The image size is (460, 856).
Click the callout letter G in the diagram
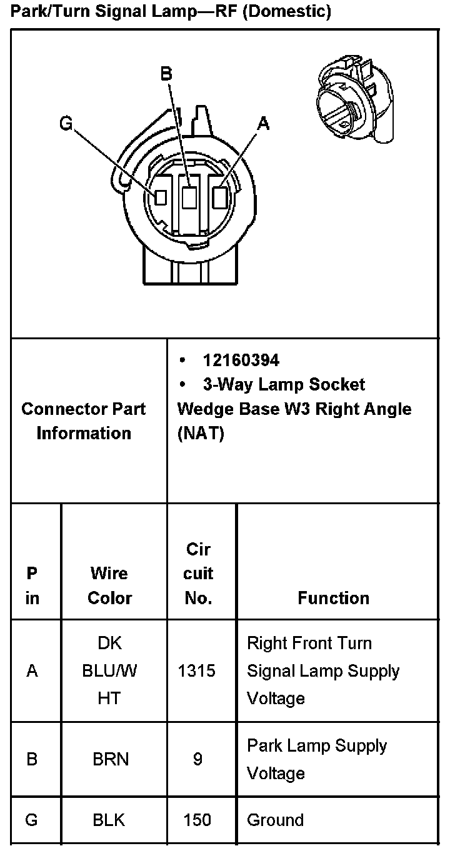pos(66,123)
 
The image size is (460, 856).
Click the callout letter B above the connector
pos(166,74)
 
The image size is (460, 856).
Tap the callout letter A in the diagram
pos(263,124)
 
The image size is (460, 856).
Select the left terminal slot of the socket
pos(161,197)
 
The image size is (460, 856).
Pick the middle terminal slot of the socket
pos(189,198)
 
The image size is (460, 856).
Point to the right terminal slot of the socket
pos(219,197)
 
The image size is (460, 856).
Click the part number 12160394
pos(241,361)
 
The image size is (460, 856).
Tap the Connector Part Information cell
pos(83,421)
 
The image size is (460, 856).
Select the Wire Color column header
pos(109,585)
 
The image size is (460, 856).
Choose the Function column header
pos(333,598)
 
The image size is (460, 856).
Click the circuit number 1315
pos(197,671)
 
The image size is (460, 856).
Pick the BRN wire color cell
pos(110,759)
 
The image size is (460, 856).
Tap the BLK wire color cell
pos(109,820)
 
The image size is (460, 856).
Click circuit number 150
pos(197,820)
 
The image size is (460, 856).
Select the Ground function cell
pos(275,820)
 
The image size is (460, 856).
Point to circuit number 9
pos(197,759)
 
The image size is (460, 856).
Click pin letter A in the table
pos(32,671)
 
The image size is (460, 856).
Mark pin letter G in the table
pos(32,820)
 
